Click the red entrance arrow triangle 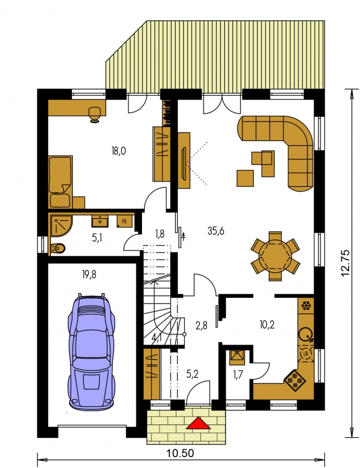point(198,423)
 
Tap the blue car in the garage point(91,351)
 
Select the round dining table point(275,256)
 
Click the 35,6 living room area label point(216,231)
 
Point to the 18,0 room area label point(119,151)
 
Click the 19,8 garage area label point(89,274)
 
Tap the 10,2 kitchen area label point(267,324)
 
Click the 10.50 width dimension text point(180,453)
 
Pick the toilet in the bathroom point(58,248)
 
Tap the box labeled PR point(124,221)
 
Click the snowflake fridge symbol point(305,306)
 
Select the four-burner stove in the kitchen point(294,380)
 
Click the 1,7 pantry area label point(237,375)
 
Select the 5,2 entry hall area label point(192,373)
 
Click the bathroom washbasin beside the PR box point(99,221)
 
